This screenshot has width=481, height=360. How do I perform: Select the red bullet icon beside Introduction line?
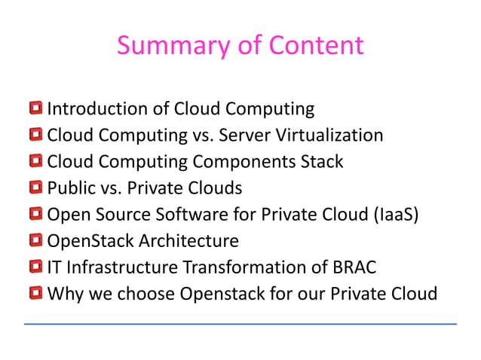pos(36,109)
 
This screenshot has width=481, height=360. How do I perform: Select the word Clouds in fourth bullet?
pos(215,188)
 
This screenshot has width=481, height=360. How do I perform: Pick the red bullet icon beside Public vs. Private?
pos(36,188)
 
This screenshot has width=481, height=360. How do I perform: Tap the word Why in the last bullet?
pos(63,293)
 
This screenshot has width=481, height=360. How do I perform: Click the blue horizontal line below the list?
pos(240,324)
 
